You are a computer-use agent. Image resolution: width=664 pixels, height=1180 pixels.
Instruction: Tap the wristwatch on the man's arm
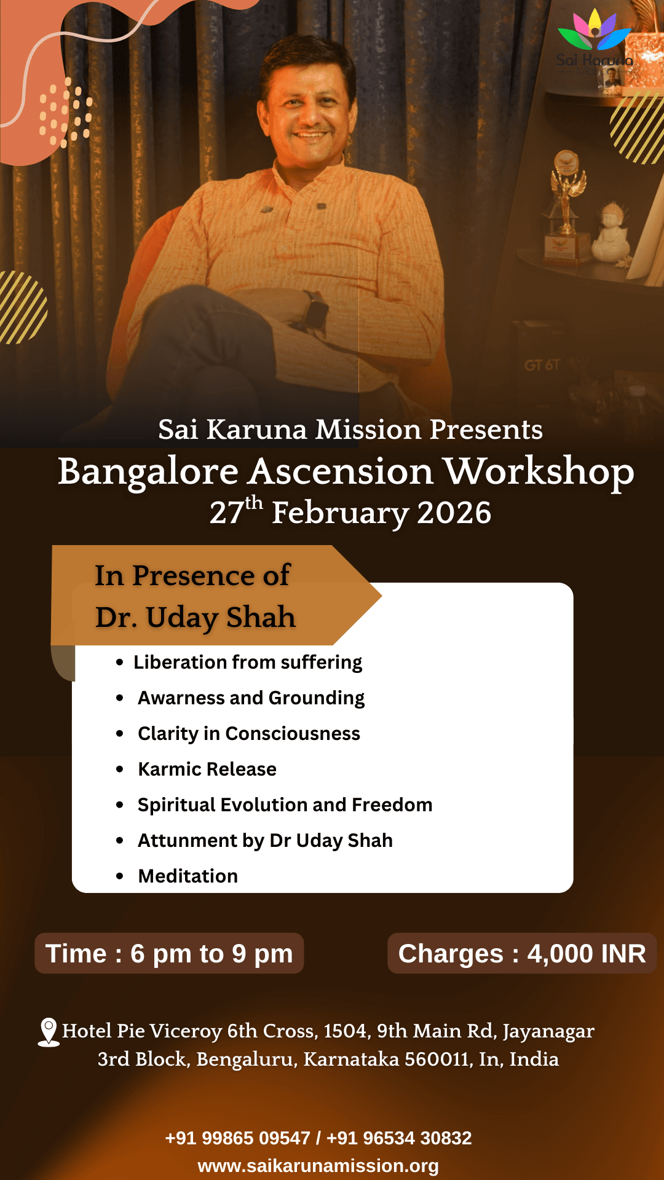315,310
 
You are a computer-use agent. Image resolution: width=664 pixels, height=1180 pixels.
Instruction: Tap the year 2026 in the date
454,513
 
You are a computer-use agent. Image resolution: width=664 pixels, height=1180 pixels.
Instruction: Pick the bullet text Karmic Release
207,769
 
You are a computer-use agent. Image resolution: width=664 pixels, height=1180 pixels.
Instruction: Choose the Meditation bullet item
188,876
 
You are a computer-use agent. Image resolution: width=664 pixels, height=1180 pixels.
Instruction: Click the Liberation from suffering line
248,663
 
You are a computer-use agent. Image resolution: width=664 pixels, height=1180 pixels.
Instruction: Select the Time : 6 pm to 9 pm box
169,954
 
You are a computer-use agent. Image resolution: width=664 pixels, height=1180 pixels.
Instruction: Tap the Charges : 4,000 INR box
522,954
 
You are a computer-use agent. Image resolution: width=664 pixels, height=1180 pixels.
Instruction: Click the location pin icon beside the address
49,1032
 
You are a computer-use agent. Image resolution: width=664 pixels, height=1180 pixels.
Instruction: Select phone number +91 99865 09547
237,1138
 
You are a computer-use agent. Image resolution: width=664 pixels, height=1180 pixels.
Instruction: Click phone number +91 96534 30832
399,1138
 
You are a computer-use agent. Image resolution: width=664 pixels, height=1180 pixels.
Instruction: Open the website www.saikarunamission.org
318,1166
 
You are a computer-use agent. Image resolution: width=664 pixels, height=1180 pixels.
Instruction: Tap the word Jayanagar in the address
548,1031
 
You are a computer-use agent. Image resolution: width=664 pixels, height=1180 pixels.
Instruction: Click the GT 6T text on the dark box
542,365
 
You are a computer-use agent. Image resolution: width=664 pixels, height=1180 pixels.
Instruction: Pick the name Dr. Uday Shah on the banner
196,618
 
